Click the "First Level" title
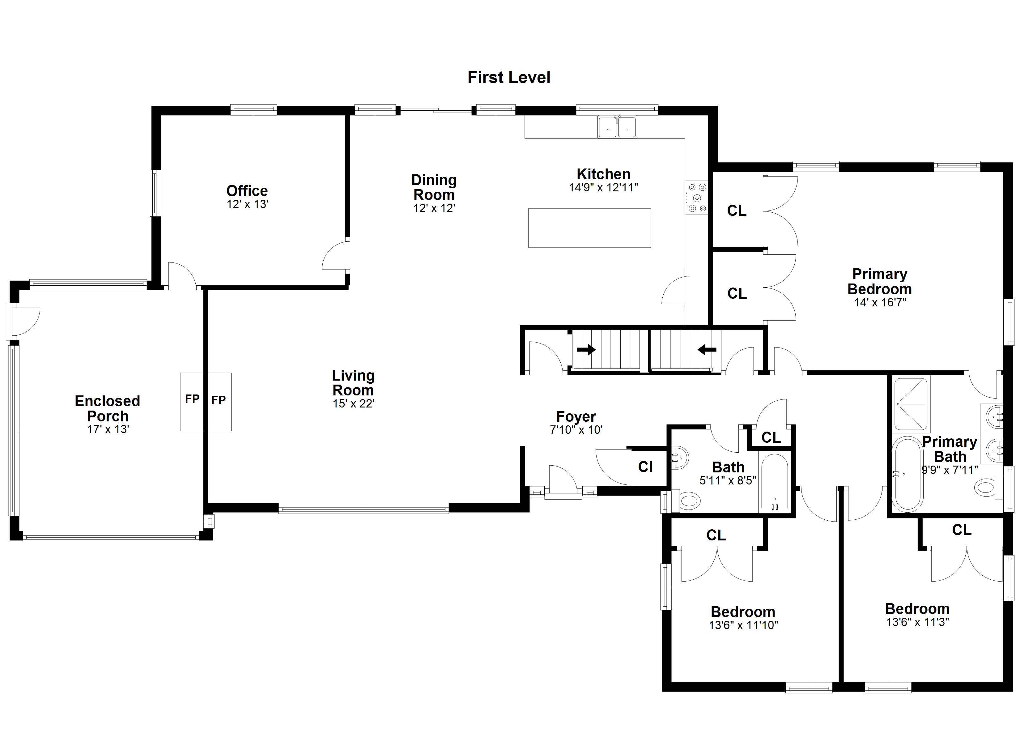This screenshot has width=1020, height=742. point(509,77)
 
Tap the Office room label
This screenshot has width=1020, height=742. point(247,190)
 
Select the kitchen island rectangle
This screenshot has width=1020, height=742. point(589,228)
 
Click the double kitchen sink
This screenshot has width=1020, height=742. point(617,126)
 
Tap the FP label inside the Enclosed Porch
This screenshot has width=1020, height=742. point(192,399)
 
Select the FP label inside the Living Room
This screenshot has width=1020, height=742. point(219,399)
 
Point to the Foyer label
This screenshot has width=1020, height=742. point(576,416)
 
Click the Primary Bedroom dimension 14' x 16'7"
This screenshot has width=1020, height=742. point(880,302)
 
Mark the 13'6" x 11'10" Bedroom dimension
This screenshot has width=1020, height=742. point(743,625)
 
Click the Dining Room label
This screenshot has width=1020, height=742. point(434,187)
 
